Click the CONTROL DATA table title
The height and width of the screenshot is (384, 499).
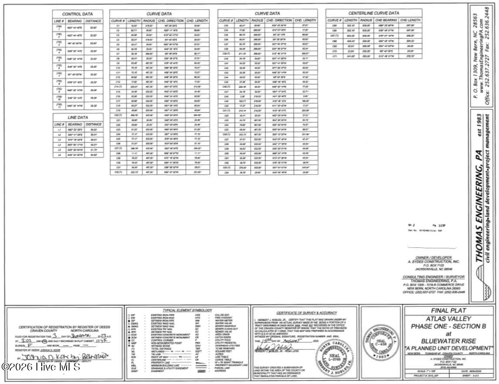pos(78,14)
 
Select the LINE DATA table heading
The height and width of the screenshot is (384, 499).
pos(78,118)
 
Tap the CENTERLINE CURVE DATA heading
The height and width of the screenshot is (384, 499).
pos(374,13)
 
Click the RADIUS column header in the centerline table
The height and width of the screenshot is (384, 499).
pos(366,20)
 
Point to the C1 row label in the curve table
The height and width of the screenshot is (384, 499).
pos(118,26)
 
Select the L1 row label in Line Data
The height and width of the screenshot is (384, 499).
pos(59,130)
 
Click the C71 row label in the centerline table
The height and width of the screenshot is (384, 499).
pos(334,56)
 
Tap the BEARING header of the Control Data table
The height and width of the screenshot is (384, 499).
pos(74,21)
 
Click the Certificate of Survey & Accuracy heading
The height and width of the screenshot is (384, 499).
pos(300,313)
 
